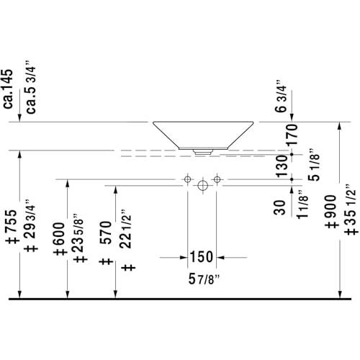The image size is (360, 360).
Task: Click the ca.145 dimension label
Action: pyautogui.click(x=9, y=89)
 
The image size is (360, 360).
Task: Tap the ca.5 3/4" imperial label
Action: pyautogui.click(x=31, y=87)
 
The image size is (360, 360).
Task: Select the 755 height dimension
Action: pyautogui.click(x=12, y=221)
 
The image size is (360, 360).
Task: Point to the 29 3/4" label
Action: pyautogui.click(x=30, y=218)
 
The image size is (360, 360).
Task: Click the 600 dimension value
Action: pyautogui.click(x=59, y=233)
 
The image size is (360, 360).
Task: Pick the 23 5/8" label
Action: pyautogui.click(x=78, y=233)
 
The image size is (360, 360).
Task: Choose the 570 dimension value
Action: pyautogui.click(x=107, y=233)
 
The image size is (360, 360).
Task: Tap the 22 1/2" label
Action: pyautogui.click(x=126, y=229)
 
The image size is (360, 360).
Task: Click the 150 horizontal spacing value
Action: pyautogui.click(x=202, y=256)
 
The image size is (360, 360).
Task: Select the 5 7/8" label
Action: pyautogui.click(x=204, y=279)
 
